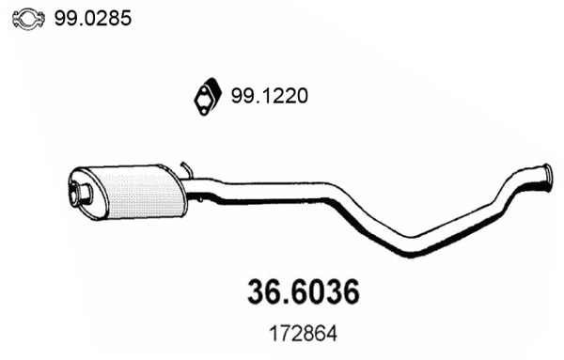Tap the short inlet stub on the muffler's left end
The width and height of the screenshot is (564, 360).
(81, 196)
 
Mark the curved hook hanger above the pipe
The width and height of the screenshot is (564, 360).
(187, 170)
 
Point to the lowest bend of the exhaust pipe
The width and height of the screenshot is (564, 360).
(414, 250)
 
